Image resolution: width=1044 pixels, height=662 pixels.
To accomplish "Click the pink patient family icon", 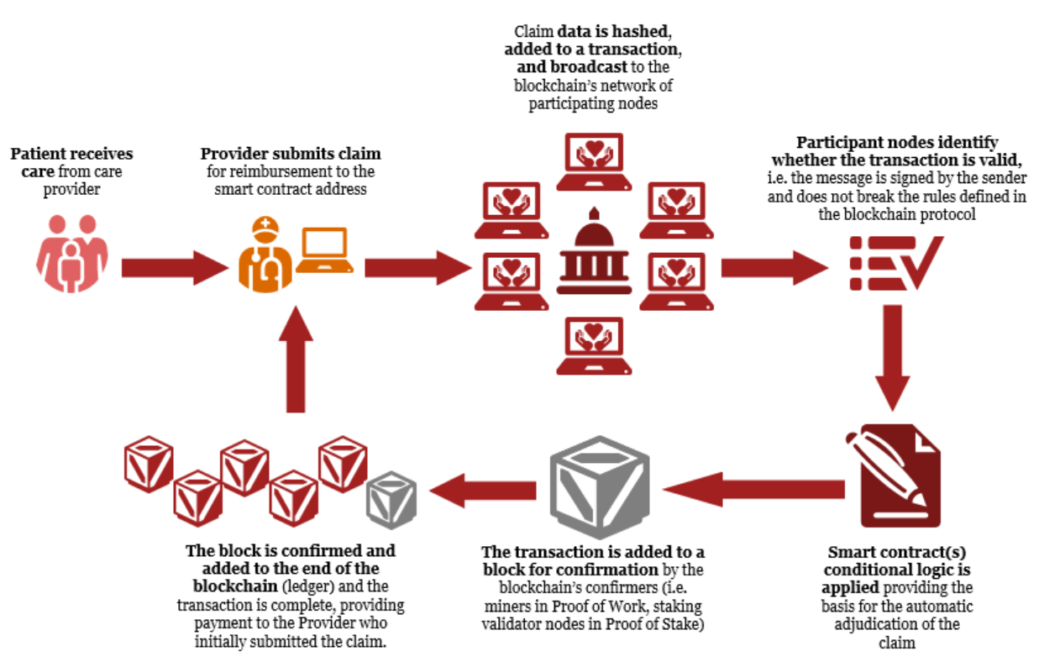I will pyautogui.click(x=71, y=254).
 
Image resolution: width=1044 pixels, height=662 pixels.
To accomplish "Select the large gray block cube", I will pyautogui.click(x=600, y=482).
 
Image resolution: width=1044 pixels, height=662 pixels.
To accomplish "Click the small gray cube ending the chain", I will pyautogui.click(x=392, y=495).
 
